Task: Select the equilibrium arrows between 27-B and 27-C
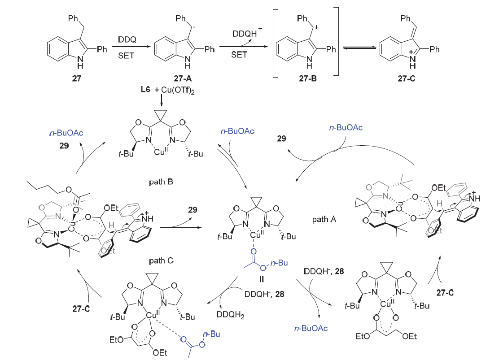pyautogui.click(x=359, y=51)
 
